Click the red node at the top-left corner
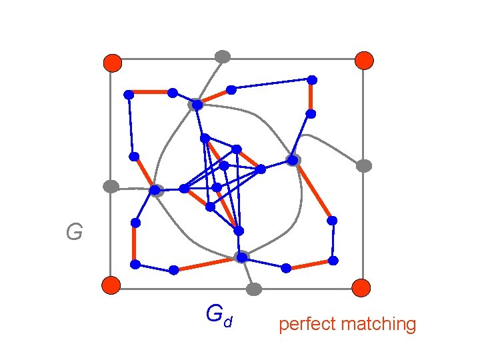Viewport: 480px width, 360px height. coord(112,63)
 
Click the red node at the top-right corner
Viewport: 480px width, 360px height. coord(364,60)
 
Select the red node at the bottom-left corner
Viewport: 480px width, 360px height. coord(111,285)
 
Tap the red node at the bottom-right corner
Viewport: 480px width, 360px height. coord(361,287)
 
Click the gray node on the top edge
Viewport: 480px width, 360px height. coord(223,57)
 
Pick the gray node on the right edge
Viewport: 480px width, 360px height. coord(363,166)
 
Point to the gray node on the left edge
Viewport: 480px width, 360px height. coord(111,187)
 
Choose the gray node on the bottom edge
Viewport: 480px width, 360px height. coord(253,289)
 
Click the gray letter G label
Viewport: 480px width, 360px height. coord(74,233)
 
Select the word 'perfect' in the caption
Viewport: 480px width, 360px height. coord(307,325)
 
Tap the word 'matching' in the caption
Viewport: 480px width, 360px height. coord(378,325)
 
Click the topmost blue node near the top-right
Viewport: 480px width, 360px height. coord(311,80)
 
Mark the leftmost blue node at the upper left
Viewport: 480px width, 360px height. coord(129,95)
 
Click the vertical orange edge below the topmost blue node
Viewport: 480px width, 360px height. coord(311,97)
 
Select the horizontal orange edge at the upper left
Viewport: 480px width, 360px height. coord(151,93)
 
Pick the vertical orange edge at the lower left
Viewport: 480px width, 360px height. coord(135,243)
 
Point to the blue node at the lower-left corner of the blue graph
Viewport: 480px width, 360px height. coord(135,265)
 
